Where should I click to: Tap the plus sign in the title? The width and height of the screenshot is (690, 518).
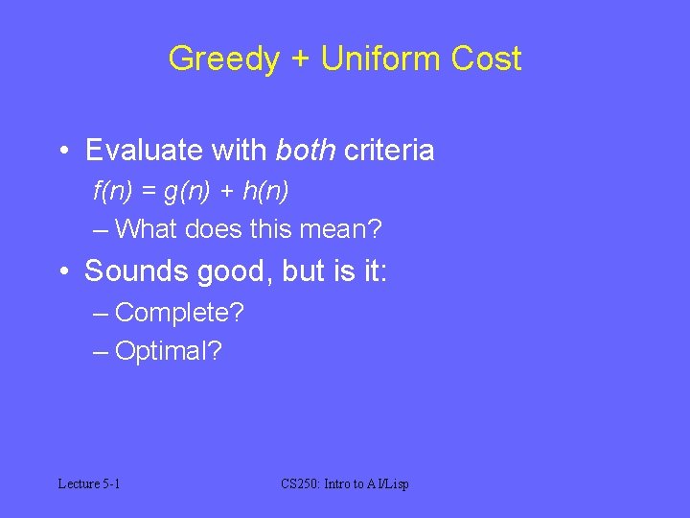301,59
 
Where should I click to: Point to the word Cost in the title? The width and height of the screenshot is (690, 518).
485,59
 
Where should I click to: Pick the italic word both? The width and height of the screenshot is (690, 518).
306,151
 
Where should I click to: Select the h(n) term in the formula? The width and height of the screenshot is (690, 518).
264,191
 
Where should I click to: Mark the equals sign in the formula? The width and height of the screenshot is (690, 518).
148,192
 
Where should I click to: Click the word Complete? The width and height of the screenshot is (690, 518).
179,313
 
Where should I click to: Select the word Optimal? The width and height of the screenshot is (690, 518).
168,351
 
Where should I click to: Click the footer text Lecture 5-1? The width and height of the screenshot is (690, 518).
89,483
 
